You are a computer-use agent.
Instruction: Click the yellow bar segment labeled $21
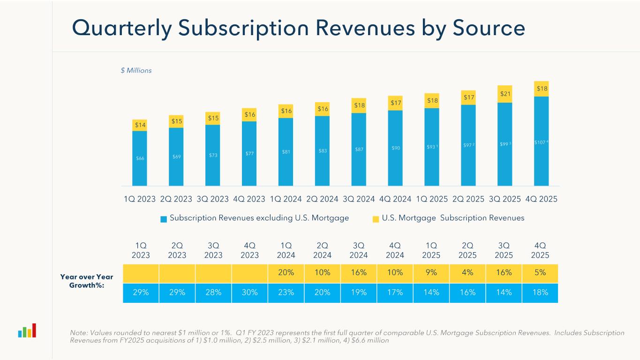[x=504, y=94]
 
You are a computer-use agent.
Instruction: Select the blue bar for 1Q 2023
[x=140, y=158]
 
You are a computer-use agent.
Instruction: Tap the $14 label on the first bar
[x=140, y=125]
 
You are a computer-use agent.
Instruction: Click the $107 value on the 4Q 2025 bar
[x=540, y=142]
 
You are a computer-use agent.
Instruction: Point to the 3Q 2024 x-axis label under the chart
[x=359, y=199]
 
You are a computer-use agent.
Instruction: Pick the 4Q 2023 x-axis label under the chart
[x=249, y=199]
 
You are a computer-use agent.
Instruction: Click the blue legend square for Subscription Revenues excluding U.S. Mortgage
[x=164, y=219]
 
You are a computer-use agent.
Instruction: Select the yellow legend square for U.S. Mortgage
[x=376, y=219]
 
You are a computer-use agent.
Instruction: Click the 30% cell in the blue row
[x=249, y=293]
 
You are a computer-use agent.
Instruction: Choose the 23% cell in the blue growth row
[x=286, y=293]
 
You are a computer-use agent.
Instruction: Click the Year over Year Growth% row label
[x=87, y=281]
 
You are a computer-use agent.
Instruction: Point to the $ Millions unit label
[x=136, y=70]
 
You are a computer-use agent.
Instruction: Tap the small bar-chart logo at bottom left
[x=27, y=331]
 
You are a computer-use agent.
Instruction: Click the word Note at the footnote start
[x=78, y=333]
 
